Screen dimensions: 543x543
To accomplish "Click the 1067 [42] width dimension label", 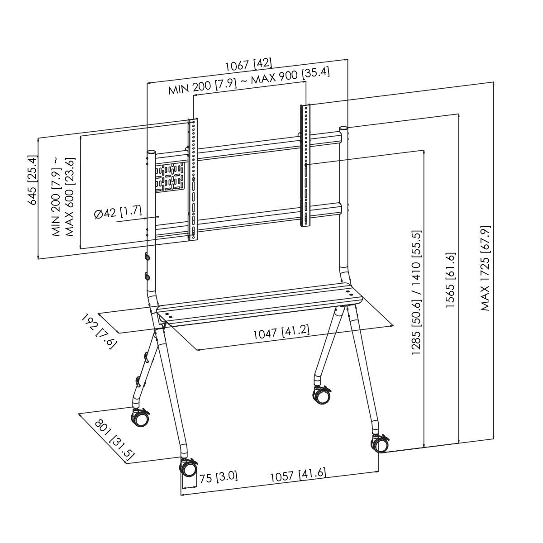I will click(248, 64).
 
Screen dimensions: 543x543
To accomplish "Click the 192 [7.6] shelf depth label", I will click(99, 331).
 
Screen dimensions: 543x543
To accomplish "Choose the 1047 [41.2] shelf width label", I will click(281, 333).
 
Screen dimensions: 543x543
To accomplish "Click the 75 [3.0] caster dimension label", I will click(219, 477).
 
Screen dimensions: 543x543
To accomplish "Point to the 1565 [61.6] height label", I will click(450, 281).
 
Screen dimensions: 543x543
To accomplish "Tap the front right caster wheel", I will click(381, 444).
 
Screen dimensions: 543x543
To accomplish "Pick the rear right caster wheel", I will click(321, 395).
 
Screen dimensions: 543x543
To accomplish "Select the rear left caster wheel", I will click(140, 418).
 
